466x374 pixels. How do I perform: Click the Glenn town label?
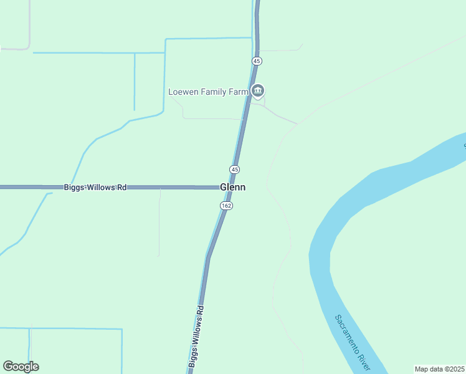click(232, 187)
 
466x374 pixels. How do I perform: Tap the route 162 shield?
click(227, 206)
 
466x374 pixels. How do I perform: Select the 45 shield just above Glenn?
click(234, 170)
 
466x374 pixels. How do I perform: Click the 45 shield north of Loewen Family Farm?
click(257, 61)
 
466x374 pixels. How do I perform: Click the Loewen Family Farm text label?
click(208, 92)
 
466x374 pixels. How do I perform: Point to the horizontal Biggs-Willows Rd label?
click(95, 187)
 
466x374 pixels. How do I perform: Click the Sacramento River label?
click(353, 340)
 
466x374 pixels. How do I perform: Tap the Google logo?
click(21, 367)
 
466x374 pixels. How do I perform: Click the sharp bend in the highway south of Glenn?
click(208, 257)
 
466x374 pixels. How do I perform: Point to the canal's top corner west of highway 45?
click(166, 39)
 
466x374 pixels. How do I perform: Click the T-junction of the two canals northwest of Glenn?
click(135, 53)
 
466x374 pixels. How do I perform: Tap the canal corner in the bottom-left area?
click(121, 329)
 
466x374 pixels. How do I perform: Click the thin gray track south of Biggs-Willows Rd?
click(159, 224)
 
